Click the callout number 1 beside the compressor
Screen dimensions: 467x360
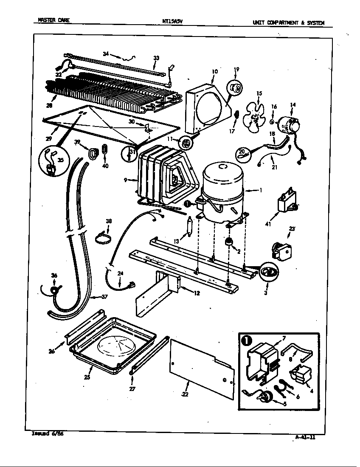pyautogui.click(x=261, y=191)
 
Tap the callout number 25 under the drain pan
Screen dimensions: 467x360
pyautogui.click(x=87, y=377)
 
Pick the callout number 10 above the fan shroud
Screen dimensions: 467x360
pyautogui.click(x=215, y=72)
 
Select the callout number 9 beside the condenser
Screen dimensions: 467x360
pyautogui.click(x=126, y=180)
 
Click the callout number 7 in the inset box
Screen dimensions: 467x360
pyautogui.click(x=284, y=338)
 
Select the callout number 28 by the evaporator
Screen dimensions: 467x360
pyautogui.click(x=50, y=106)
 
